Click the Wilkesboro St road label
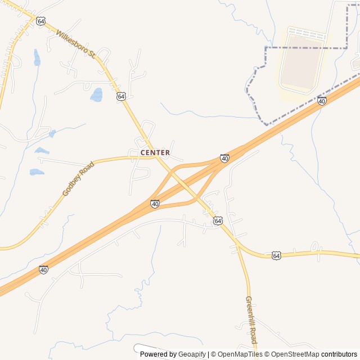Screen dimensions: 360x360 (75, 44)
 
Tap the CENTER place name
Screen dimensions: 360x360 (155, 152)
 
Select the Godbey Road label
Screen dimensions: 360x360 (78, 179)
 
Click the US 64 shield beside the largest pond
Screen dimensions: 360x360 (121, 96)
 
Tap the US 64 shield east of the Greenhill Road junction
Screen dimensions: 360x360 (276, 255)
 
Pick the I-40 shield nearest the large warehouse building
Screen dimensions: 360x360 (322, 101)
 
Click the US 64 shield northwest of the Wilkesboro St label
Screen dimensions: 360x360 (40, 21)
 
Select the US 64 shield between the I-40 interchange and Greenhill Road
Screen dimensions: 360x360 (218, 220)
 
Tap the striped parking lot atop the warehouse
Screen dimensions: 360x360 (307, 34)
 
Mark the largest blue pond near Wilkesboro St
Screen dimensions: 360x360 (97, 94)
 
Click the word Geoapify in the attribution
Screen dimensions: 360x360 (192, 354)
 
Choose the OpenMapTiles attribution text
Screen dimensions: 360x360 (239, 354)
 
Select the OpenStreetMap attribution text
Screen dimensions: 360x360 (294, 354)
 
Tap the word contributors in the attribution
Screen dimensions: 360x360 (339, 354)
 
